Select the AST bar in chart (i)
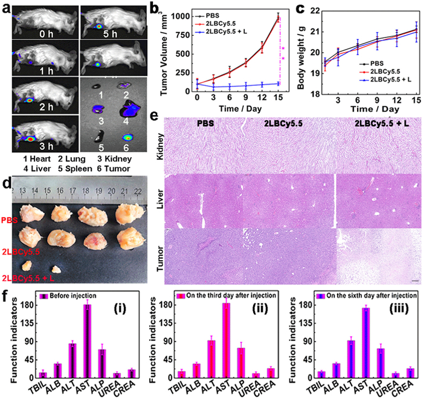pos(87,342)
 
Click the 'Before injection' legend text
pos(71,295)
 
